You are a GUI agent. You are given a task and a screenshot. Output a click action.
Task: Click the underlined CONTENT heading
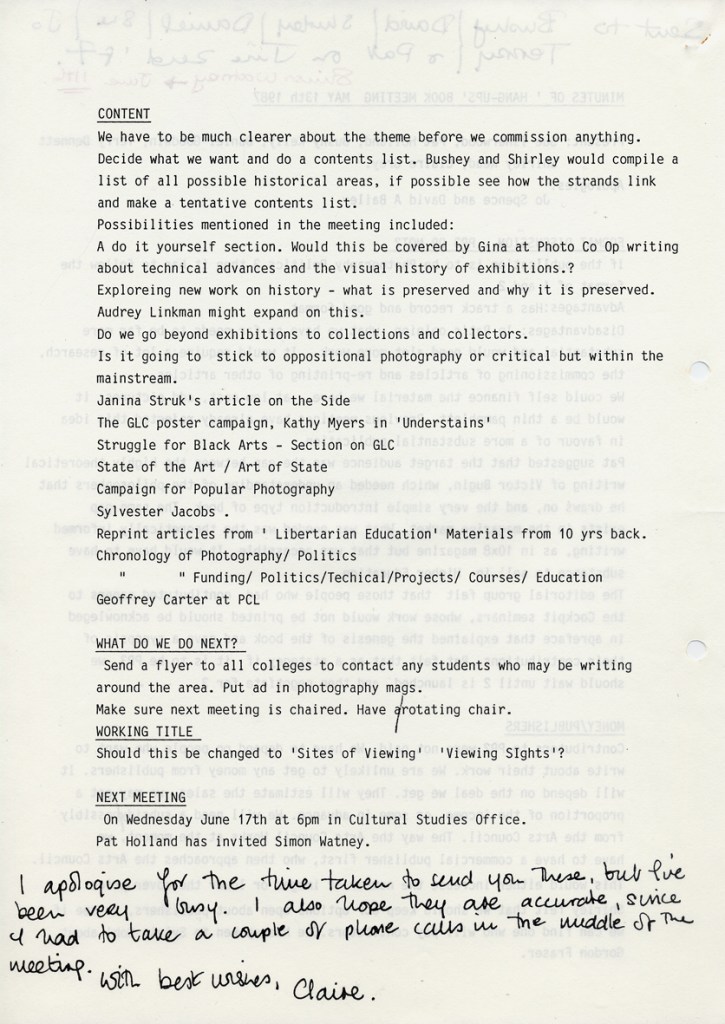[x=124, y=115]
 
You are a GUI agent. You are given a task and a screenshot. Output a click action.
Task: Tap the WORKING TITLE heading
[x=144, y=732]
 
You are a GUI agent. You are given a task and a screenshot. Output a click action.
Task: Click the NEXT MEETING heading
[x=141, y=798]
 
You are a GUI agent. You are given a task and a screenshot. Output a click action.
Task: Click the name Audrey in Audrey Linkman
[x=122, y=312]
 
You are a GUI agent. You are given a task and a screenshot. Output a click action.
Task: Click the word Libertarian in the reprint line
[x=300, y=533]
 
